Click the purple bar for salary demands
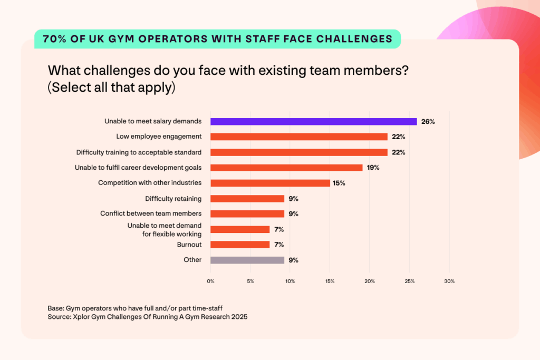[313, 121]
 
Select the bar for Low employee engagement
[298, 137]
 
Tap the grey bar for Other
[247, 260]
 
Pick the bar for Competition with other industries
[270, 183]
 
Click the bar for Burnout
[240, 245]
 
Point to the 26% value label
[428, 121]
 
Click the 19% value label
[373, 168]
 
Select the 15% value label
[339, 183]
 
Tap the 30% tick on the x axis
[449, 281]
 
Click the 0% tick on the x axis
[210, 281]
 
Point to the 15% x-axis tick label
[330, 281]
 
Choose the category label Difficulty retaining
[173, 199]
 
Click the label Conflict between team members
[151, 213]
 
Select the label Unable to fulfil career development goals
[139, 168]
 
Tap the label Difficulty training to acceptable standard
[139, 152]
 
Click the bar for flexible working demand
[240, 229]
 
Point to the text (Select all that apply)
[111, 87]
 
